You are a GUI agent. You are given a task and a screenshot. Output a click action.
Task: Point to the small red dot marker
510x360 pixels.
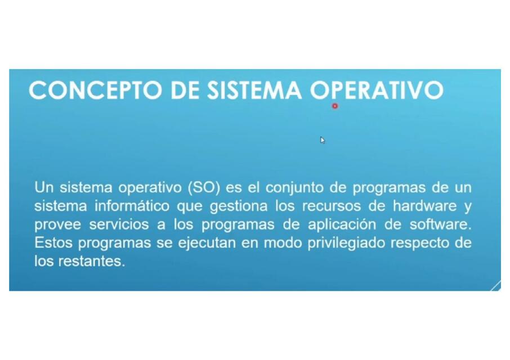tap(335, 106)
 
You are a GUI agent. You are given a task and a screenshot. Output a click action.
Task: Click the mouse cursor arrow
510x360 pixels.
tap(323, 140)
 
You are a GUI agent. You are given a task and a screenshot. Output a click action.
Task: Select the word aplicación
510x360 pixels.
tap(342, 224)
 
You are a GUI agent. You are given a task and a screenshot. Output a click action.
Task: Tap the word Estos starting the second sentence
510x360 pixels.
tap(53, 243)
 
